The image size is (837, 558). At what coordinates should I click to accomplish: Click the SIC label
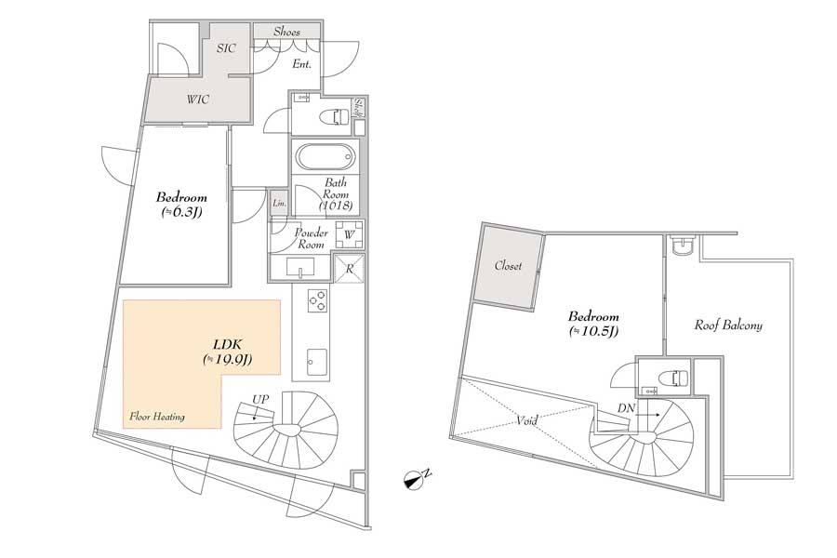pos(226,48)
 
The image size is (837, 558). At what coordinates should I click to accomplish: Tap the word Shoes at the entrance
pos(286,32)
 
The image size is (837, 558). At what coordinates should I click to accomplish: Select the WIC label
pos(197,100)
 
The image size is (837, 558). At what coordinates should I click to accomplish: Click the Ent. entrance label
pos(301,64)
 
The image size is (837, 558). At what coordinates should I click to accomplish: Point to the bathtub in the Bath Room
pos(325,157)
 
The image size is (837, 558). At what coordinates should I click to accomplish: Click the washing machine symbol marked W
pos(350,234)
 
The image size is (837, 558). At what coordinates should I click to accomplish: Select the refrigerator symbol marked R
pos(350,269)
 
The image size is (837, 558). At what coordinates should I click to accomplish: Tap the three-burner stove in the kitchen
pos(318,299)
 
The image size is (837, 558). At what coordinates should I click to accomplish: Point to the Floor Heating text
pos(157,417)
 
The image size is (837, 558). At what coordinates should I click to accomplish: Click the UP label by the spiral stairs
pos(260,399)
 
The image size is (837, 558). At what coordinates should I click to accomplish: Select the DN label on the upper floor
pos(626,408)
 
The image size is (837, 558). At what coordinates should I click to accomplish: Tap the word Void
pos(526,420)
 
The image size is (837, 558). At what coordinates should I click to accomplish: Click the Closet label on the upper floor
pos(508,265)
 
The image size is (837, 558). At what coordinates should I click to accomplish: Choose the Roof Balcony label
pos(728,325)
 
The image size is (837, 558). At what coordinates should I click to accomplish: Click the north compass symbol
pos(414,481)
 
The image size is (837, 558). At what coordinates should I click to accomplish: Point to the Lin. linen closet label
pos(280,204)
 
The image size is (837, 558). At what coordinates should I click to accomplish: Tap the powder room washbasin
pos(300,267)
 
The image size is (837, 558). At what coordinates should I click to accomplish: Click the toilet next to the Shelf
pos(334,115)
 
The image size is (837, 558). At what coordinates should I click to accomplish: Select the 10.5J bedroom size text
pos(593,331)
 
